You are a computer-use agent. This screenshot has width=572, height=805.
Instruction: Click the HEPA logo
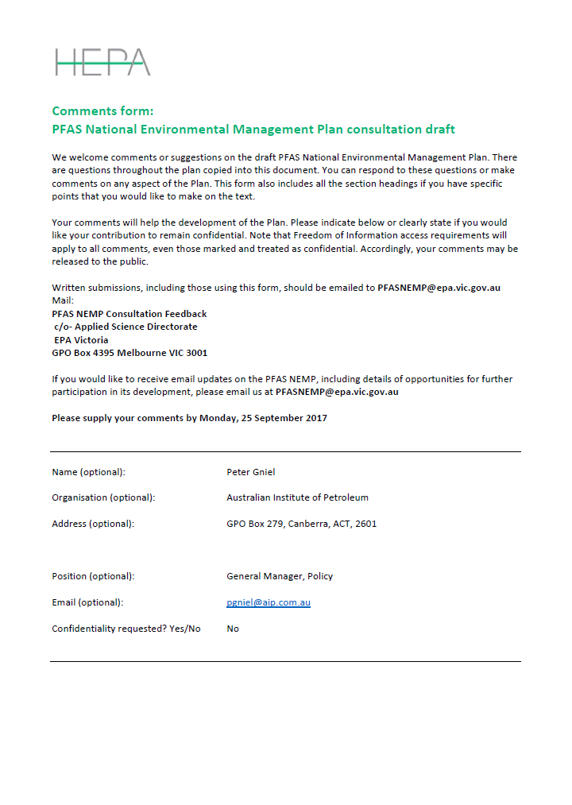point(102,62)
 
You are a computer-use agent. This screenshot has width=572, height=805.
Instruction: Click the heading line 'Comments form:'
point(102,111)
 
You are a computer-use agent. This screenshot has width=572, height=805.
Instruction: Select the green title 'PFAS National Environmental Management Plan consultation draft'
point(253,129)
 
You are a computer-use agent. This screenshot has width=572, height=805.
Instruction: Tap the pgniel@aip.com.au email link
point(268,602)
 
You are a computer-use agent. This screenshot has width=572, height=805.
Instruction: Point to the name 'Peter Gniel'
point(250,472)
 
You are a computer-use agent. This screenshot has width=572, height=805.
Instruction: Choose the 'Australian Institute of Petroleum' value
point(297,497)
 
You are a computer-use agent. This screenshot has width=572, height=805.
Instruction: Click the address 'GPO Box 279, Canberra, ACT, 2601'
point(301,524)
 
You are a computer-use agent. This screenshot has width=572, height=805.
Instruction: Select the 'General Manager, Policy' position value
point(280,576)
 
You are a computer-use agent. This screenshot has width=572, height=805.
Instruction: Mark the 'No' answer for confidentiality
point(233,629)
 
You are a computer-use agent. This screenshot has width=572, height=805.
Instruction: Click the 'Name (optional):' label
point(88,472)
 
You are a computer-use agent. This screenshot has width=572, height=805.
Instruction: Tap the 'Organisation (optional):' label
point(103,497)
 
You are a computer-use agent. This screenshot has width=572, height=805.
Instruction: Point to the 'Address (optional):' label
point(93,524)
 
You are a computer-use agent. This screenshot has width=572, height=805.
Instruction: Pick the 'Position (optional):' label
point(93,576)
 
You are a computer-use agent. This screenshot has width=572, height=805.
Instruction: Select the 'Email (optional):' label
point(87,602)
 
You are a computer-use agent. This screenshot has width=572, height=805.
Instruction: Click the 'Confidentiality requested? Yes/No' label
point(126,629)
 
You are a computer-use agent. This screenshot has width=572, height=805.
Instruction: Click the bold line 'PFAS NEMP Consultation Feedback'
point(129,314)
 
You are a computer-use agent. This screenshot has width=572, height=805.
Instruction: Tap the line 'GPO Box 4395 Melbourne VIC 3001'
point(129,353)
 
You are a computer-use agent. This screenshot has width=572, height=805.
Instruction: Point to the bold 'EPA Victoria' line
point(81,340)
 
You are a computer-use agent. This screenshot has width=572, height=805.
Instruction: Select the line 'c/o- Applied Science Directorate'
point(126,327)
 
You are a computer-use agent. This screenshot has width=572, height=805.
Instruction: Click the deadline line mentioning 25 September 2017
point(189,418)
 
